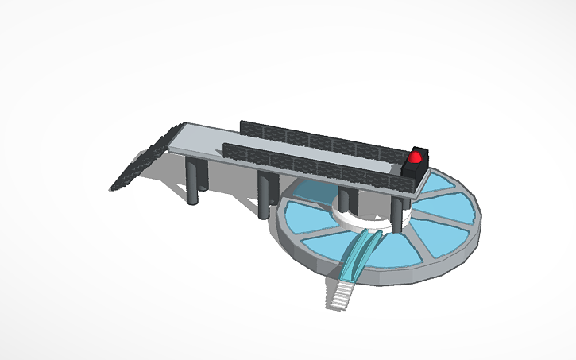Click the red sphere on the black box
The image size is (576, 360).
tap(415, 157)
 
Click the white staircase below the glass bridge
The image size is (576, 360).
tap(341, 292)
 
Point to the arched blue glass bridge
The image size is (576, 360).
tap(361, 253)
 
